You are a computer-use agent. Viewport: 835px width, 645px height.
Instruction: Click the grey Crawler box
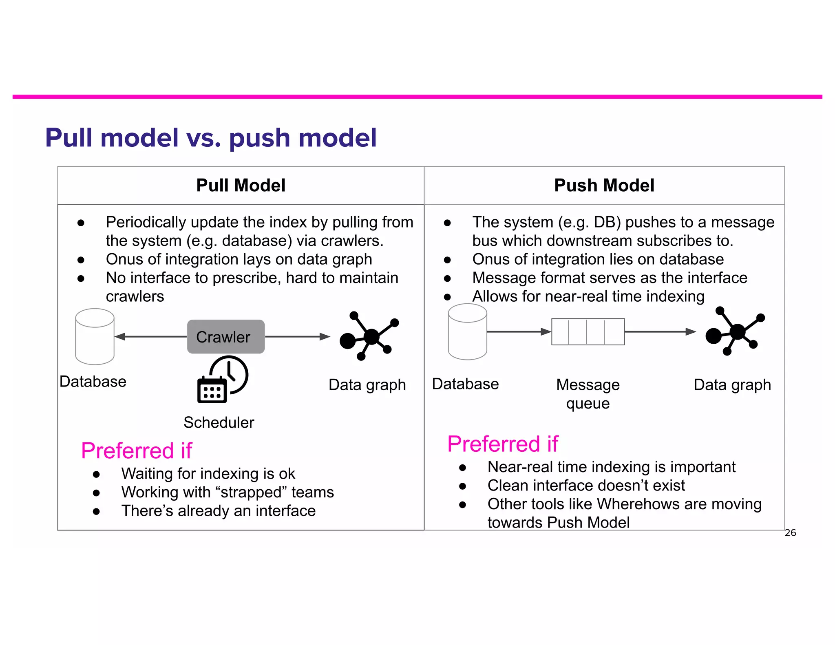[225, 336]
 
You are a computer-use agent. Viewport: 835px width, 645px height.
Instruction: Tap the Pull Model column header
[241, 186]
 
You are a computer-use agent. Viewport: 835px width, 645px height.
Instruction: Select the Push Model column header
[604, 186]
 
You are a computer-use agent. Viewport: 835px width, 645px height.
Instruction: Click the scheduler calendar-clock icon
[223, 380]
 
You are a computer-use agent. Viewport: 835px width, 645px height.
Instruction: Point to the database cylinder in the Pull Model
[95, 336]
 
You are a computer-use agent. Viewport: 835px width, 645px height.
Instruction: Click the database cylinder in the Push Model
[467, 332]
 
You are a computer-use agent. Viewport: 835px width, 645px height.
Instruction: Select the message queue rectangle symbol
[588, 331]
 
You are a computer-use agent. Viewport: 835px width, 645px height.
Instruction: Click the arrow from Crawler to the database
[150, 336]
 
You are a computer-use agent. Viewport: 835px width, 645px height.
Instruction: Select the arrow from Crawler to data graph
[297, 336]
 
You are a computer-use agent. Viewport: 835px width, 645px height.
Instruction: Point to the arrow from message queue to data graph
[660, 331]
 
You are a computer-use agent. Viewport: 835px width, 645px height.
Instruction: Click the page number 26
[790, 532]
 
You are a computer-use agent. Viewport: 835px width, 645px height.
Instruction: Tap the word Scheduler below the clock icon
[219, 422]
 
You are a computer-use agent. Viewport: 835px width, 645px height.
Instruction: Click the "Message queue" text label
[588, 394]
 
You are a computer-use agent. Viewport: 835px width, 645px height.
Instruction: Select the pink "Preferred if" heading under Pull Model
[136, 451]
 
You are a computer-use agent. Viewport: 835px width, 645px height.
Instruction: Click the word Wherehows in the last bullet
[638, 504]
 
